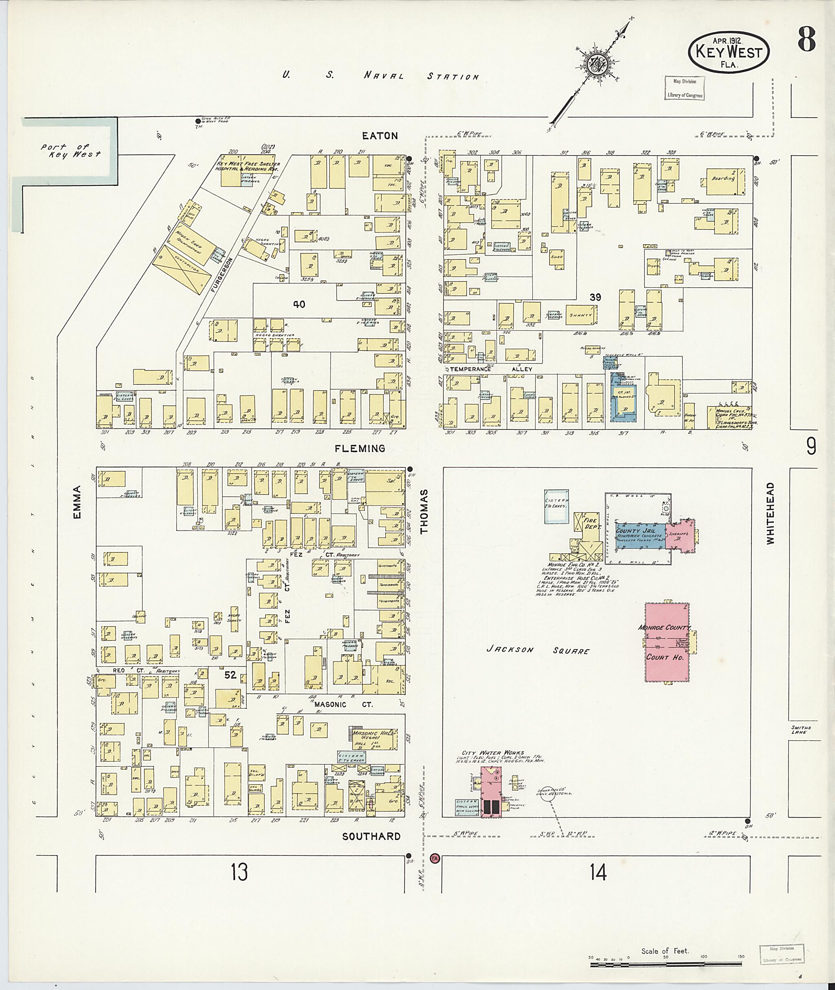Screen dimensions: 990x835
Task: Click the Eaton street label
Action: point(380,136)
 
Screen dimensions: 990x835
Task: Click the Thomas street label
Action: point(424,512)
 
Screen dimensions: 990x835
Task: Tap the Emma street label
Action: point(77,502)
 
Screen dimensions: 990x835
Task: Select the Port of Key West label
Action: point(71,151)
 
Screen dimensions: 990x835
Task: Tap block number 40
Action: point(299,304)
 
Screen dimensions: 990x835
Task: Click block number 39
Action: point(595,297)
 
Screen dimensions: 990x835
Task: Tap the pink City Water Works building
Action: point(491,789)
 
